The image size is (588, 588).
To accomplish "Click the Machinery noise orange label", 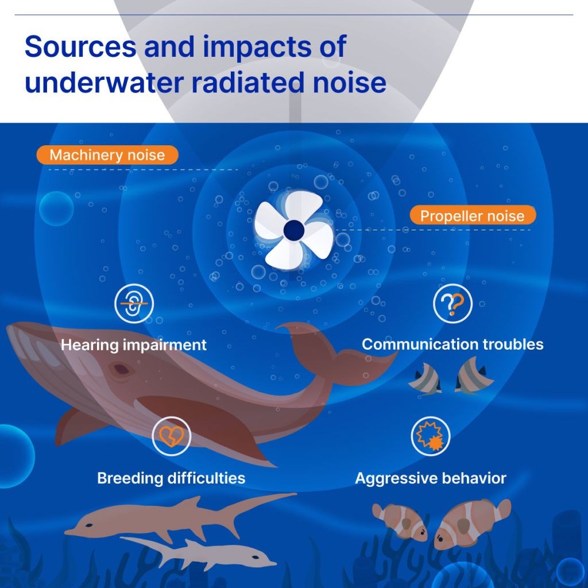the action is point(107,155).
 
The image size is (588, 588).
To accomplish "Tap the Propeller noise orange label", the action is point(473,215).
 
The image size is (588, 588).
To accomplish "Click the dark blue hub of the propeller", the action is point(294,230).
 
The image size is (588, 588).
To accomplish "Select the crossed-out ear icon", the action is point(134,303).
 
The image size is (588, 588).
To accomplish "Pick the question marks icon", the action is point(452,303).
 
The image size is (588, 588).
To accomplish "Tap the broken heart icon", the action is point(171,436).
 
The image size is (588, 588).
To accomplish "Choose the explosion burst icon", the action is point(431,436).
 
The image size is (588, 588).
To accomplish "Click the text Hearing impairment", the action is point(133,345).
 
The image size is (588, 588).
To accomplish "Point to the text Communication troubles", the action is point(452,345).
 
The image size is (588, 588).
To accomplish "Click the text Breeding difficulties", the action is point(171,478).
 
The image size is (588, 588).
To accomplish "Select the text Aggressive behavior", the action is point(431,478).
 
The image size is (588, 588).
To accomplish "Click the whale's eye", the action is point(121,369).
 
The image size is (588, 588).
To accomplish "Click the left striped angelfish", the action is point(425,379).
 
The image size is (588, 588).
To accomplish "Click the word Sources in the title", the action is point(80,46).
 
